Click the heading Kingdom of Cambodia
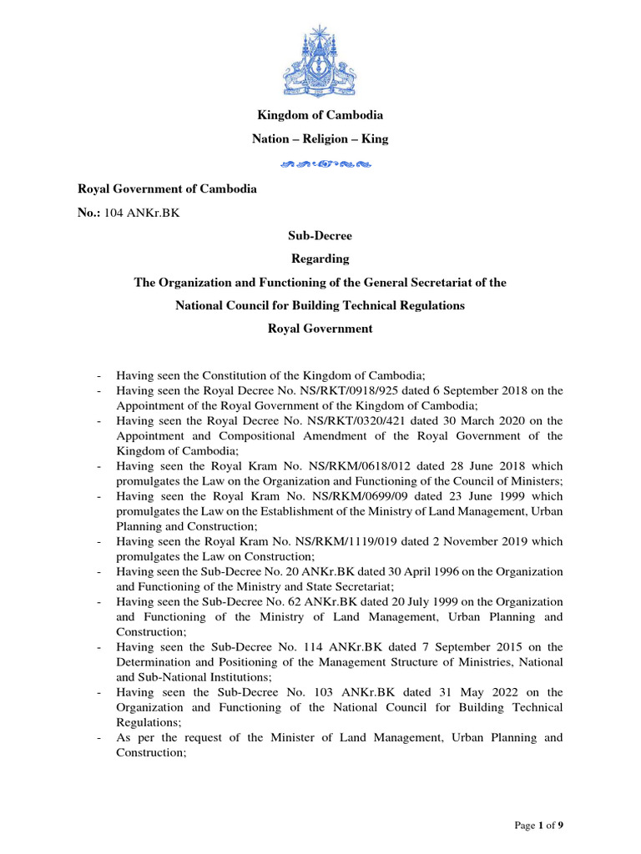[x=320, y=115]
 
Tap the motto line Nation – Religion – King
[x=320, y=139]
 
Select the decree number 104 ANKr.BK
[x=141, y=213]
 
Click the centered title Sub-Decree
[x=320, y=236]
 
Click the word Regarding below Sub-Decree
[x=320, y=259]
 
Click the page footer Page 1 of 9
[x=538, y=826]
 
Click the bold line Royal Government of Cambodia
[x=167, y=188]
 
